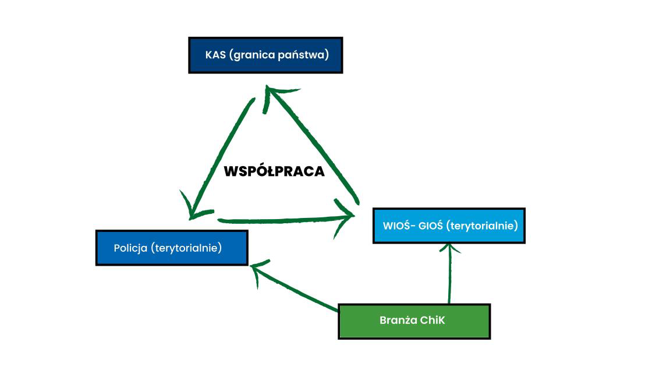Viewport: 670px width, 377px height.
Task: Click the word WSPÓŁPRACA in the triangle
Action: point(274,172)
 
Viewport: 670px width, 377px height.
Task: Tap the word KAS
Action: point(215,55)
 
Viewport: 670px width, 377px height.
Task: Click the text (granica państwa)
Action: point(279,55)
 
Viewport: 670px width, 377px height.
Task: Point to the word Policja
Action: point(130,248)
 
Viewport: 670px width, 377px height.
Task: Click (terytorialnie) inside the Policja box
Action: point(186,248)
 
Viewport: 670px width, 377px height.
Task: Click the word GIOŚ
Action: point(431,226)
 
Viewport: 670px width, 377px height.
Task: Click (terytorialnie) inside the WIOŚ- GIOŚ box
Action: point(482,226)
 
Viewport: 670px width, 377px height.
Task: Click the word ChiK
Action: point(432,320)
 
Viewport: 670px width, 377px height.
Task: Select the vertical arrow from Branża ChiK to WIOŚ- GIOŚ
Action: point(450,274)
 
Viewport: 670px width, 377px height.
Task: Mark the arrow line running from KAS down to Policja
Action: point(221,157)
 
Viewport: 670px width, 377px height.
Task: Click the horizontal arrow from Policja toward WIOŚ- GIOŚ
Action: point(279,220)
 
